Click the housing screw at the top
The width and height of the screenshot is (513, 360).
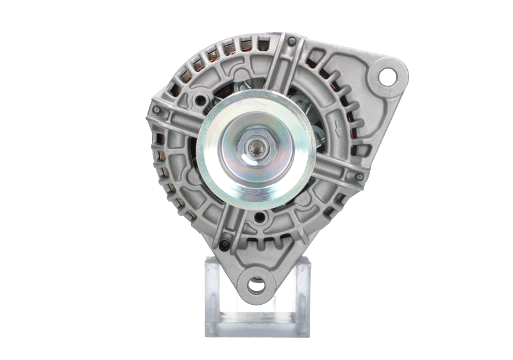(292, 42)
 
